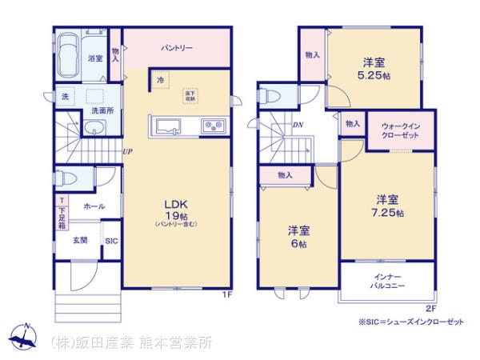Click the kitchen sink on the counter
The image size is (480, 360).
pos(167,125)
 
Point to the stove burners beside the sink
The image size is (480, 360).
pos(213,125)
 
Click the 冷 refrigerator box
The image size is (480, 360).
pos(162,80)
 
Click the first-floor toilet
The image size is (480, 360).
pos(63,179)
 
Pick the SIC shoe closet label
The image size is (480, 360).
pos(110,240)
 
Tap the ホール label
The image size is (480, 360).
pos(95,206)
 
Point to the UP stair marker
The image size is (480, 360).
pos(127,152)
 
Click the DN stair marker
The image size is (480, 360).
pos(298,125)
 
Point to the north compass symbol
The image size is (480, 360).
pos(24,337)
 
